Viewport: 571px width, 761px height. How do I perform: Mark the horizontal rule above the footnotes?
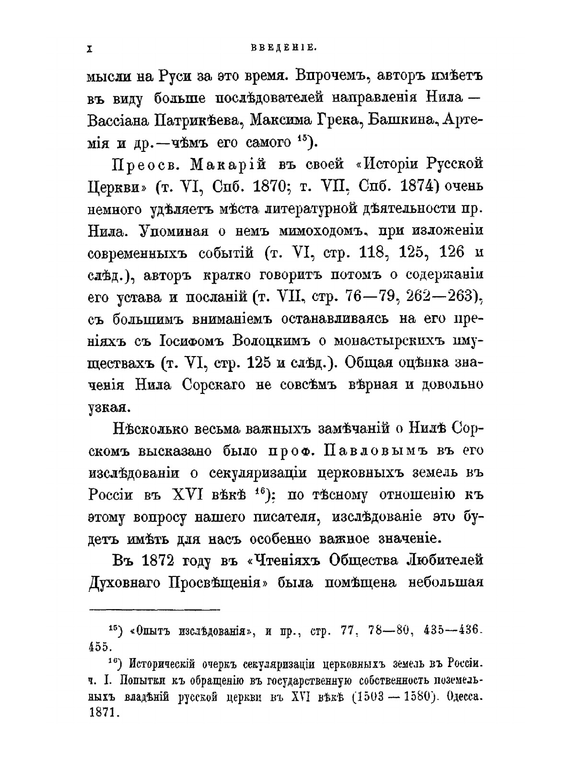[x=154, y=610]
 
